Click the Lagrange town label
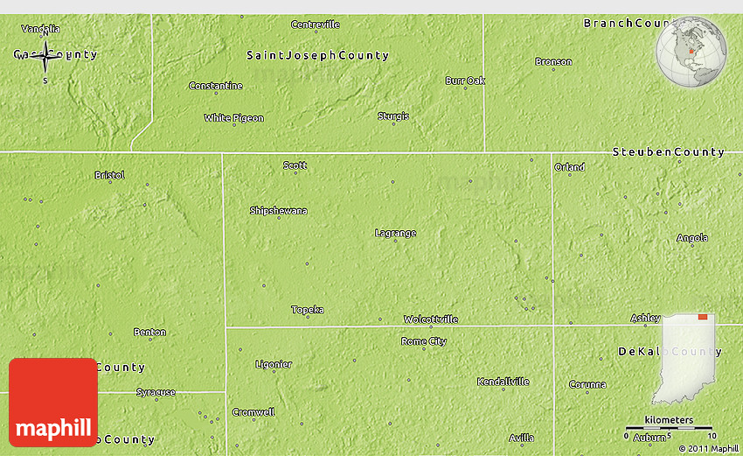(x=395, y=233)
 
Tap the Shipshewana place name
(x=278, y=211)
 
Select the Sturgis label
(x=392, y=116)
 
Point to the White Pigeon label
(x=234, y=117)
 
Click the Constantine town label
(x=216, y=86)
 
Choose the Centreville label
(x=315, y=25)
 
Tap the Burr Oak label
(x=465, y=81)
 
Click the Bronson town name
(x=554, y=61)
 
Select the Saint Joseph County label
(x=317, y=55)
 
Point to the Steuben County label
(x=669, y=152)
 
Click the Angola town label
(x=692, y=238)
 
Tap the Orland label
(x=569, y=167)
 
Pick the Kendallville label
(x=503, y=382)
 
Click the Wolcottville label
(x=430, y=319)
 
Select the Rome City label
(x=423, y=341)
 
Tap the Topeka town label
(x=308, y=310)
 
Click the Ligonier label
(x=274, y=364)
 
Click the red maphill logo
(x=53, y=403)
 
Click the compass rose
(x=45, y=55)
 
